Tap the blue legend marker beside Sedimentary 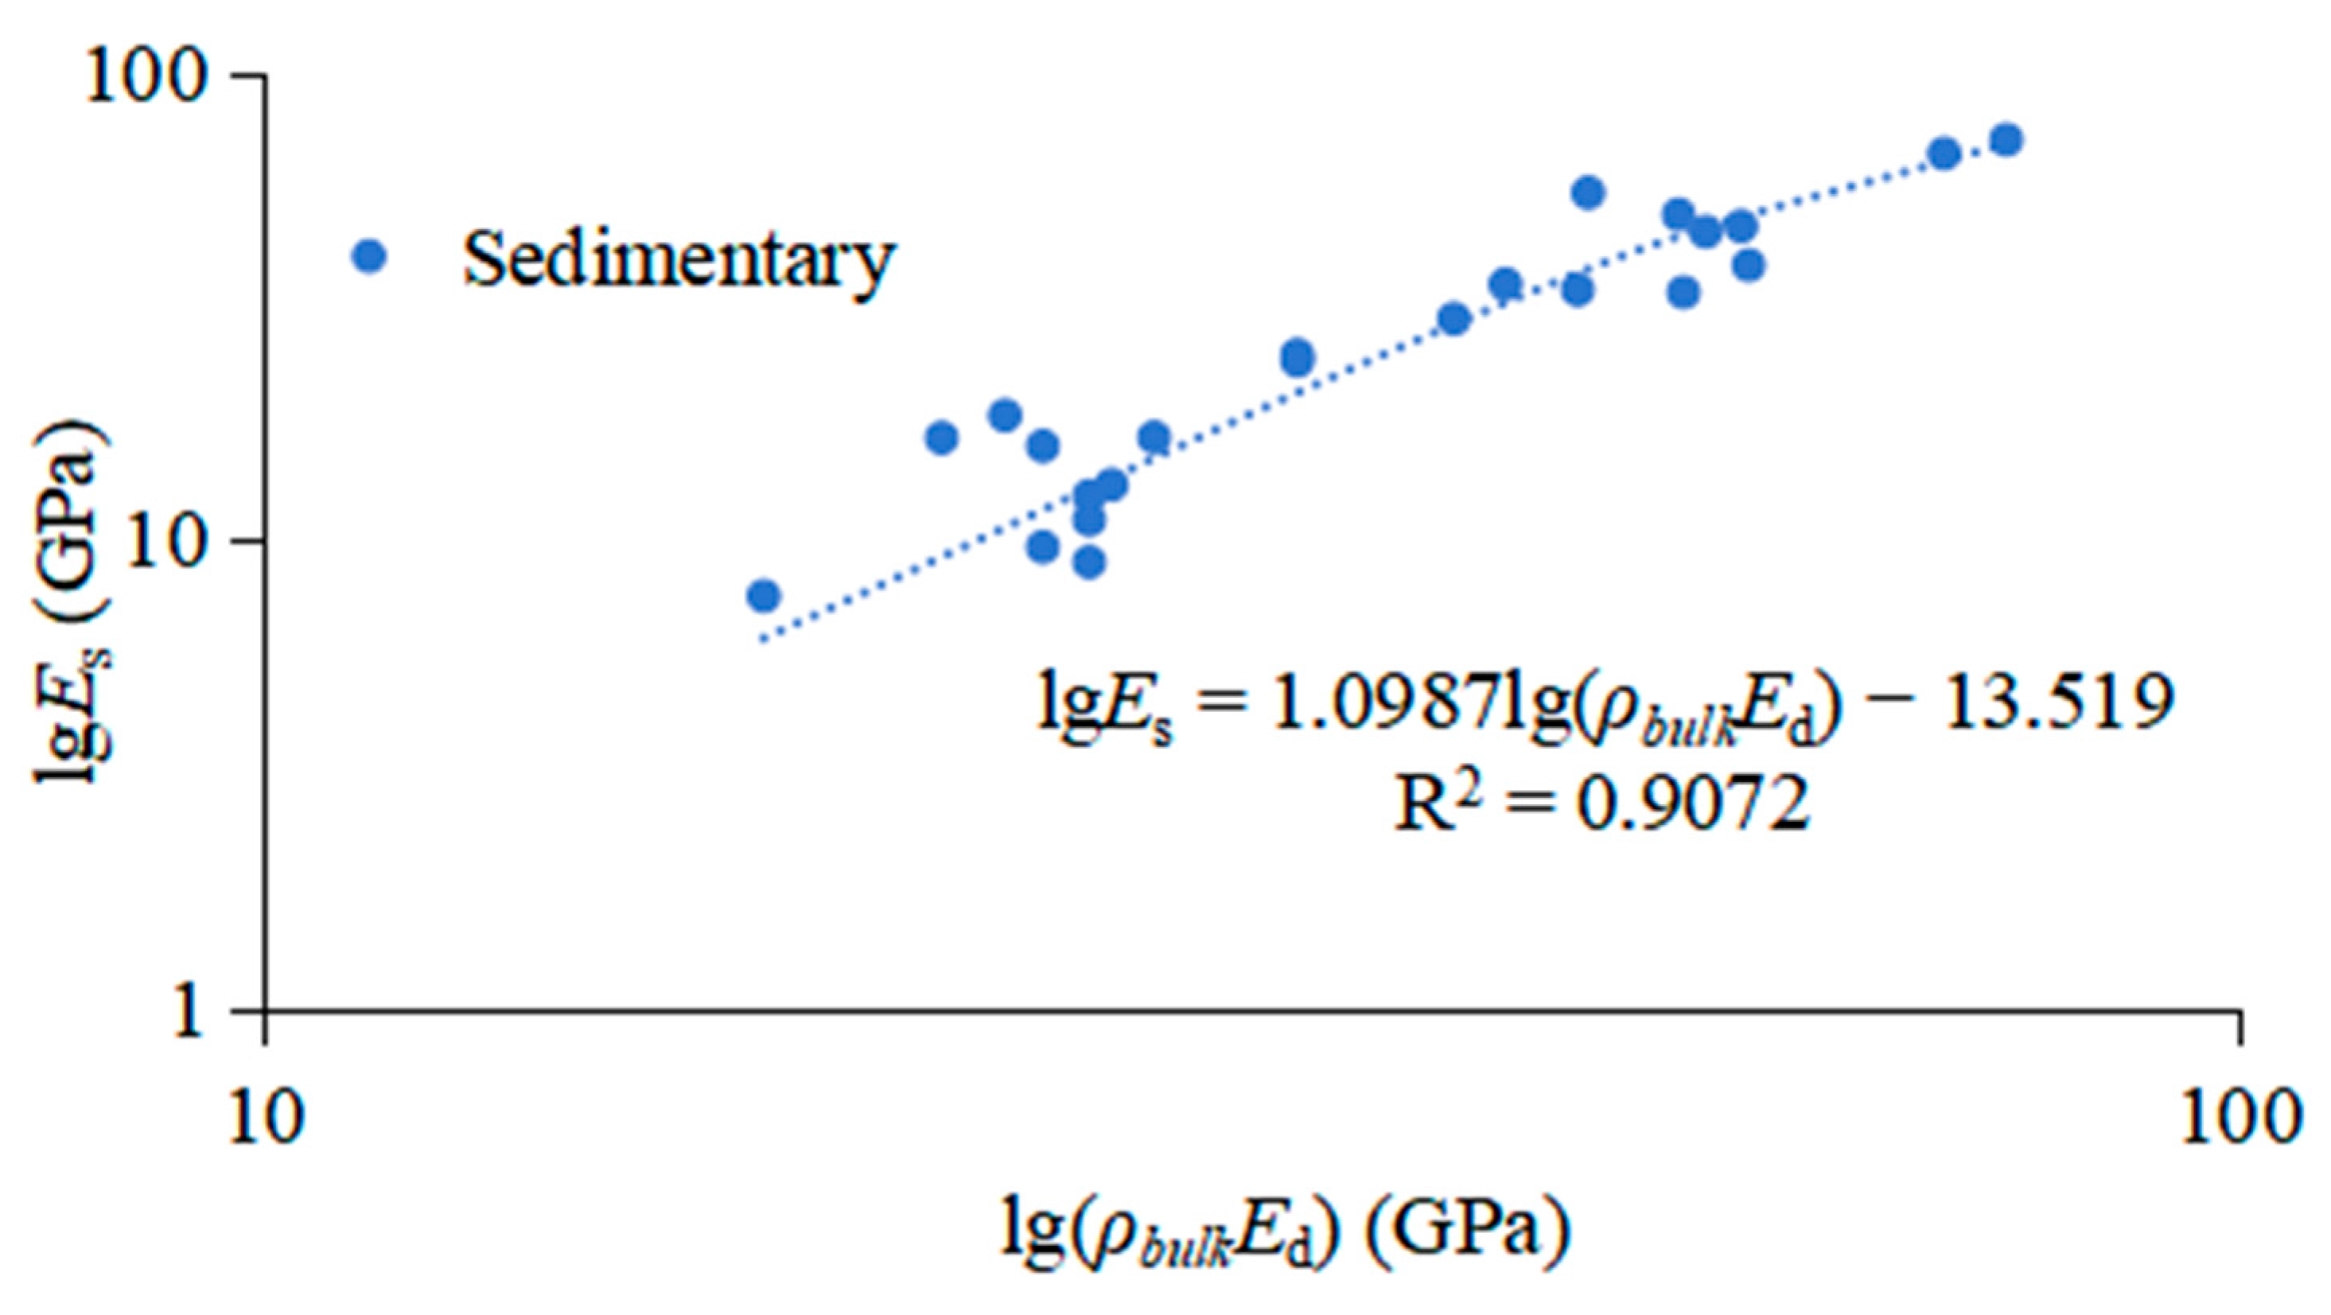pyautogui.click(x=368, y=256)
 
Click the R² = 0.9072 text pyautogui.click(x=1601, y=803)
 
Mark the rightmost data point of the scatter pyautogui.click(x=2007, y=140)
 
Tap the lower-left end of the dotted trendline pyautogui.click(x=762, y=640)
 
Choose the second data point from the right pyautogui.click(x=1944, y=154)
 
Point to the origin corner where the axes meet pyautogui.click(x=264, y=1011)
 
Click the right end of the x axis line pyautogui.click(x=2240, y=1011)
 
